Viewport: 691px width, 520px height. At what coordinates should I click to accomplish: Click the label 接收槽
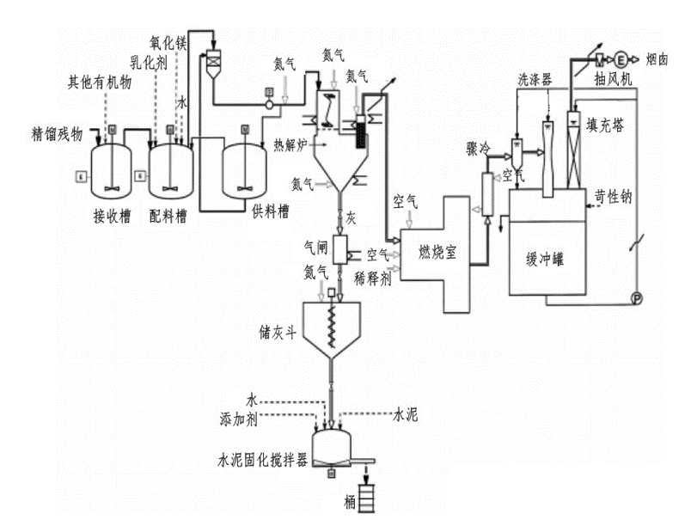click(112, 215)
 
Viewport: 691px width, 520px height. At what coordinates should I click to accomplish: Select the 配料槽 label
click(168, 215)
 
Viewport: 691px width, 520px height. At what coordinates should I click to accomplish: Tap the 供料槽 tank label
click(272, 210)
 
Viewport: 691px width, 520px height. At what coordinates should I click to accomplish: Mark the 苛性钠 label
click(613, 196)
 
